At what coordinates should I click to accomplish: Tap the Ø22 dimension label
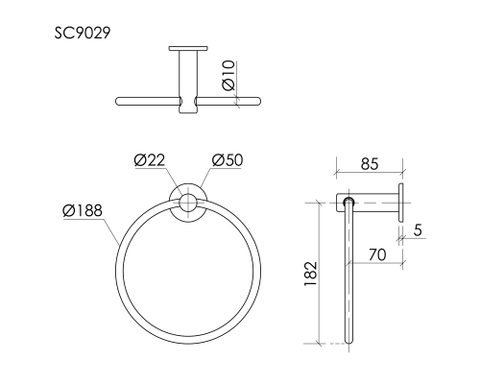pyautogui.click(x=151, y=159)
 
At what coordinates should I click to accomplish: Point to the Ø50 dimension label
pyautogui.click(x=227, y=159)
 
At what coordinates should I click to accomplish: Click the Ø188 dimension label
pyautogui.click(x=83, y=210)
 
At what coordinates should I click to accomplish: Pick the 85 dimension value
pyautogui.click(x=368, y=164)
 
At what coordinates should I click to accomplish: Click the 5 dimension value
pyautogui.click(x=420, y=229)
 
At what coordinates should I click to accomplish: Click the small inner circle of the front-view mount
pyautogui.click(x=189, y=203)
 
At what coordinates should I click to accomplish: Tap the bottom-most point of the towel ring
pyautogui.click(x=189, y=341)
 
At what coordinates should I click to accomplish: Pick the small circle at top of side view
pyautogui.click(x=348, y=202)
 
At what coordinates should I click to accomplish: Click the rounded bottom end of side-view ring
pyautogui.click(x=348, y=341)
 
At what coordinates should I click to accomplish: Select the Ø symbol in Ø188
pyautogui.click(x=68, y=210)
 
